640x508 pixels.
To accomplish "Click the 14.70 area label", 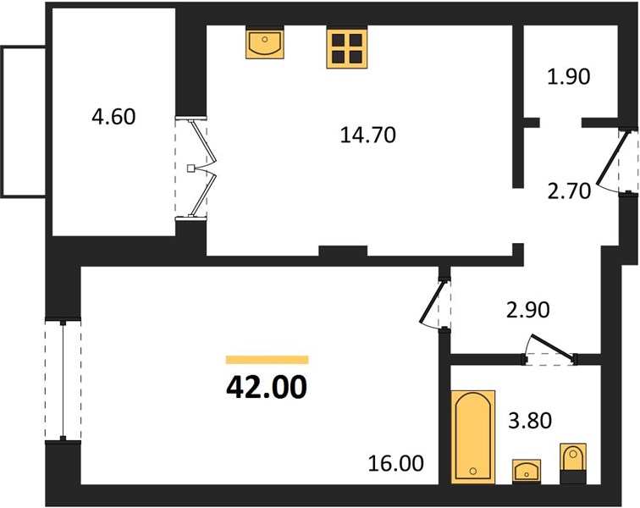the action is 367,135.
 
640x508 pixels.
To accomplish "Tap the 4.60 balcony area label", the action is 113,117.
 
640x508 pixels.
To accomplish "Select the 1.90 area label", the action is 569,76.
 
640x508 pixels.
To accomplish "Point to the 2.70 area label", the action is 569,191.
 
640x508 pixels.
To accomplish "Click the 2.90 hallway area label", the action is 527,310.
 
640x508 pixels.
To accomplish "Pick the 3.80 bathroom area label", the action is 530,421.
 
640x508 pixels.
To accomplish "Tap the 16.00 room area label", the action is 395,463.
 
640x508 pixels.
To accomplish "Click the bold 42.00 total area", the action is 266,387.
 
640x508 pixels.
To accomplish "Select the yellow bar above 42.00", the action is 267,359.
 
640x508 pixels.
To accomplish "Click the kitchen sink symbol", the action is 265,43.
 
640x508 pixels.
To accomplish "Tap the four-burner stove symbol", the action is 347,47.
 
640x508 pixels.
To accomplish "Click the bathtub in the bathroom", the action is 473,437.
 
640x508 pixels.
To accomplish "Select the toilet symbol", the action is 573,463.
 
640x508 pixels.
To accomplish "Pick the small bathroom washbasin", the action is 527,471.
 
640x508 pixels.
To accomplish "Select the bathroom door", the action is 550,348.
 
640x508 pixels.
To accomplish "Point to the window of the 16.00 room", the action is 63,380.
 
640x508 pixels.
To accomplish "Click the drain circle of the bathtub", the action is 473,471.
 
